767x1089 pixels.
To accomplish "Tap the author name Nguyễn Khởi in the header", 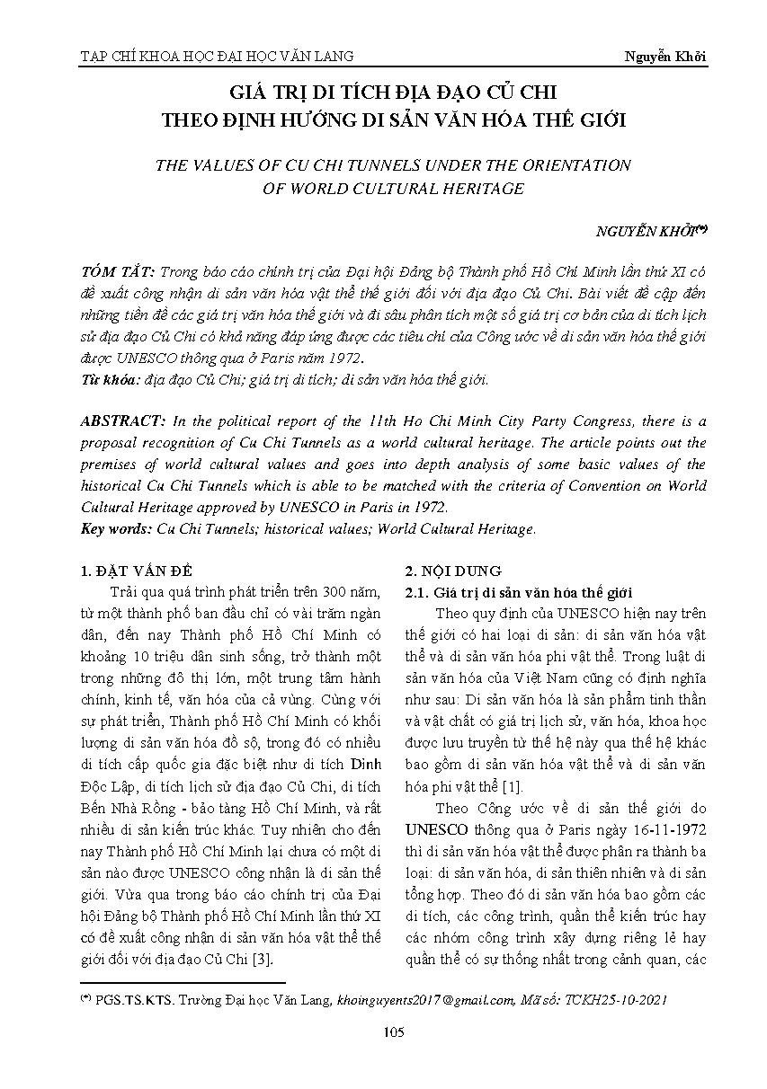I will (x=665, y=56).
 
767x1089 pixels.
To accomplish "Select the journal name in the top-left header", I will (x=217, y=56).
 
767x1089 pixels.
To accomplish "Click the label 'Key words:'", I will (x=116, y=529).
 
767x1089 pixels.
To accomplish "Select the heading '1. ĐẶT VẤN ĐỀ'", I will (x=136, y=571).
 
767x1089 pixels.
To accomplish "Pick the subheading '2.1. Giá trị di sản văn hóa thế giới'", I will (x=519, y=592).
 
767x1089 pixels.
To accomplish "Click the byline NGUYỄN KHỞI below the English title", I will (x=647, y=230).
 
